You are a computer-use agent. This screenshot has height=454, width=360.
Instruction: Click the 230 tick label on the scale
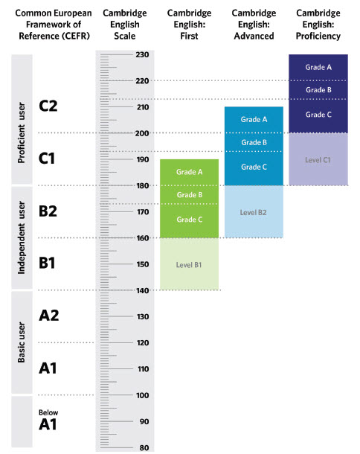pyautogui.click(x=142, y=54)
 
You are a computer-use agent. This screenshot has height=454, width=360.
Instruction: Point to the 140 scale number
pyautogui.click(x=143, y=290)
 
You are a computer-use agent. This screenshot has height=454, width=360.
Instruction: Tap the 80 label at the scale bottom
pyautogui.click(x=144, y=447)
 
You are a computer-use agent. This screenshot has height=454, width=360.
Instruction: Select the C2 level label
pyautogui.click(x=48, y=106)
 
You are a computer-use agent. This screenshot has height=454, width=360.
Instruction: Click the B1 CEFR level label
pyautogui.click(x=47, y=263)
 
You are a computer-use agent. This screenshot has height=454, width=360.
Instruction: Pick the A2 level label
pyautogui.click(x=49, y=316)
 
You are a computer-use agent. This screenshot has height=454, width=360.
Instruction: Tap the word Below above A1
pyautogui.click(x=48, y=412)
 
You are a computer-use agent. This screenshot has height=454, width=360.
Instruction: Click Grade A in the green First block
pyautogui.click(x=189, y=172)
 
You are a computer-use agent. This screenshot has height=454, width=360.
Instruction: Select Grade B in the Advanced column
pyautogui.click(x=254, y=142)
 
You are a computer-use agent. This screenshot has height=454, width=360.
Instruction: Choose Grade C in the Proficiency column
pyautogui.click(x=318, y=115)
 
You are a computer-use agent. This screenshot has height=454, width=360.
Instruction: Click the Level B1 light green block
pyautogui.click(x=189, y=263)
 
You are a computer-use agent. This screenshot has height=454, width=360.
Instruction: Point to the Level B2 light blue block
pyautogui.click(x=254, y=211)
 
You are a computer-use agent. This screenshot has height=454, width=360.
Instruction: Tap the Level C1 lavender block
pyautogui.click(x=318, y=159)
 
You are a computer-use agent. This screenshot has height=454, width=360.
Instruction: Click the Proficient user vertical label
pyautogui.click(x=22, y=132)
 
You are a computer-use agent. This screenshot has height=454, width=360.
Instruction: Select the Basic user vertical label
pyautogui.click(x=22, y=342)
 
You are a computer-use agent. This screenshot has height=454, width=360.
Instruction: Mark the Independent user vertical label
pyautogui.click(x=22, y=237)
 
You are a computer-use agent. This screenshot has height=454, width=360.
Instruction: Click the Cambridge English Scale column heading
pyautogui.click(x=125, y=25)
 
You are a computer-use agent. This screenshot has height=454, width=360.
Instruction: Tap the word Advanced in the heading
pyautogui.click(x=254, y=36)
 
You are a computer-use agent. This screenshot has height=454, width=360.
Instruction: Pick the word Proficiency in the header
pyautogui.click(x=318, y=36)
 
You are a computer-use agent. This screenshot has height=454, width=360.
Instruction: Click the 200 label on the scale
pyautogui.click(x=142, y=133)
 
